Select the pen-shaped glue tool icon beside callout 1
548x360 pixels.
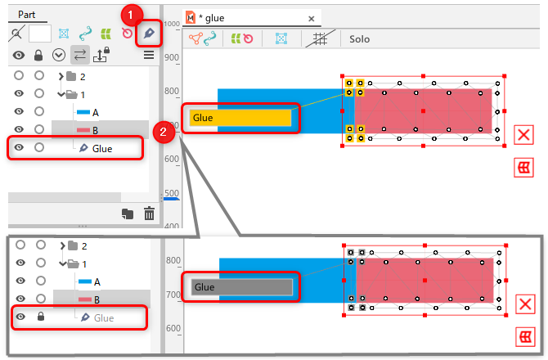(149, 33)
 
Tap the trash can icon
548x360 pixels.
(149, 214)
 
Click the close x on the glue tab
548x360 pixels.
(310, 17)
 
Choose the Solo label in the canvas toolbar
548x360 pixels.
(360, 38)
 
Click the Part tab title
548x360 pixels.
(26, 14)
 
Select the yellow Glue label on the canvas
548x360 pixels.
(240, 118)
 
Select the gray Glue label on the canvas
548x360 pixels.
(240, 286)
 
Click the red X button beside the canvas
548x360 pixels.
(524, 135)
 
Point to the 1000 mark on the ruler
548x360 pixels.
(171, 25)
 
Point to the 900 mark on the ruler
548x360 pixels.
(171, 58)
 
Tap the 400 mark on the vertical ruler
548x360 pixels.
(171, 226)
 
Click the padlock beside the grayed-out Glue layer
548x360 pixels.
(40, 317)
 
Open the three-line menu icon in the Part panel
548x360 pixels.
(149, 55)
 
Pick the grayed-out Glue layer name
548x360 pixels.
(104, 317)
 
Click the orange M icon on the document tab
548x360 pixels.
(191, 17)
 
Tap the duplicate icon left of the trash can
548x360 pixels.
(128, 214)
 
